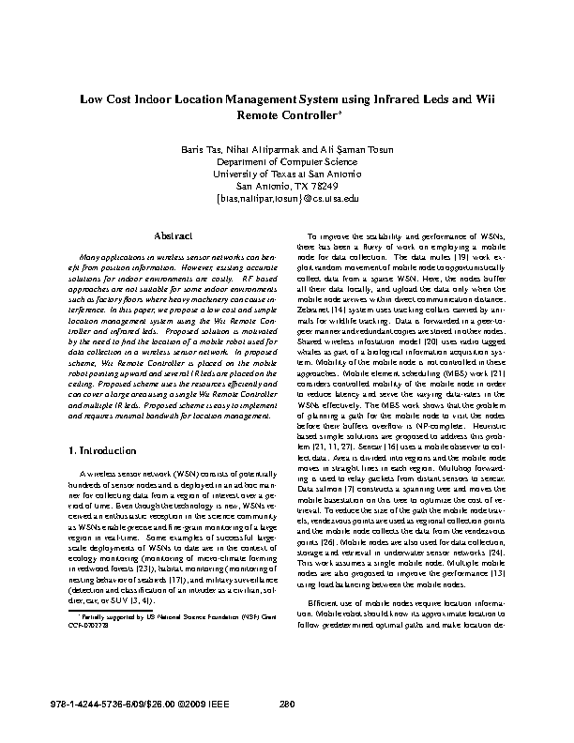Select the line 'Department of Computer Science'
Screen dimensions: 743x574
(287, 161)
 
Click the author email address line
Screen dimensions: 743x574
(287, 199)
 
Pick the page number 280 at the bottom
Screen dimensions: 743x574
(288, 705)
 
